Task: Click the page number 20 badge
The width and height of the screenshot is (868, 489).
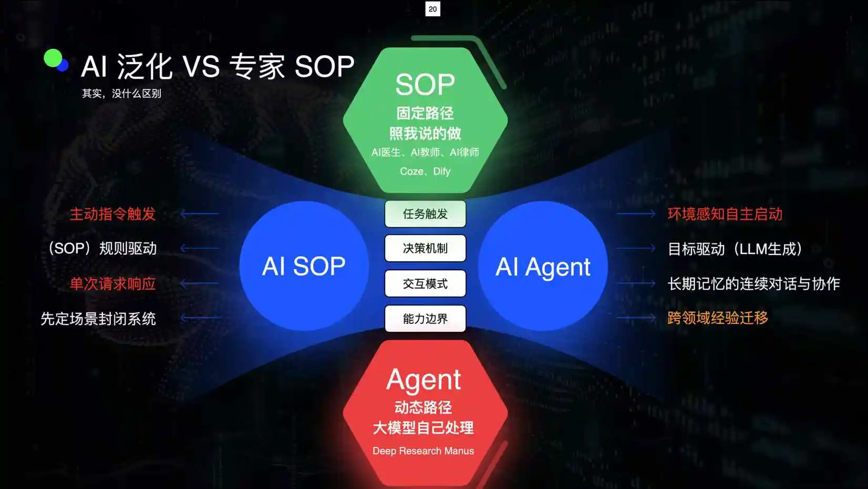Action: [x=432, y=9]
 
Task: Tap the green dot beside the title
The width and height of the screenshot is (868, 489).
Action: [x=53, y=58]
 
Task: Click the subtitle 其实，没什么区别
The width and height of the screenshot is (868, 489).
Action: [x=121, y=94]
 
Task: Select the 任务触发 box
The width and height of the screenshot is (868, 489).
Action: [x=425, y=214]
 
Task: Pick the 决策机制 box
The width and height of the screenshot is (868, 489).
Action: [x=425, y=248]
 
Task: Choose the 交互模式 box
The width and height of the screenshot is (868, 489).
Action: [x=425, y=284]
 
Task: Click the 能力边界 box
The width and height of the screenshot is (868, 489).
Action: [x=425, y=319]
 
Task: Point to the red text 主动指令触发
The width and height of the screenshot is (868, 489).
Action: [x=112, y=214]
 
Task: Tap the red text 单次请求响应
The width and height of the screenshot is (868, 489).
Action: [x=112, y=284]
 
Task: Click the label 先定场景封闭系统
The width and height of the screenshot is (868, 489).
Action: [x=98, y=319]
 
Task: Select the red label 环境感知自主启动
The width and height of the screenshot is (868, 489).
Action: [x=725, y=214]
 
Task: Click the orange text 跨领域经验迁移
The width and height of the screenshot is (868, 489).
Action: [x=717, y=318]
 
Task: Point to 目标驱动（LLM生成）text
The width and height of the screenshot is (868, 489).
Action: [x=735, y=249]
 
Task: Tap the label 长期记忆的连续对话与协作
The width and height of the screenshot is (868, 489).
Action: [x=753, y=284]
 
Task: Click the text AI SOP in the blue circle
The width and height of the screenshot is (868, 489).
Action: [x=304, y=266]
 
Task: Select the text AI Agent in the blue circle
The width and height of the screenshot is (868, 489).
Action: [x=543, y=267]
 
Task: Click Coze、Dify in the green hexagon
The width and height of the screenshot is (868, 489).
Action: [x=425, y=171]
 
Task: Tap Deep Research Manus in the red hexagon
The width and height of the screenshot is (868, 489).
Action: [x=423, y=451]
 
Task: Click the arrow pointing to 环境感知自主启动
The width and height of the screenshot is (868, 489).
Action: [x=636, y=213]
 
